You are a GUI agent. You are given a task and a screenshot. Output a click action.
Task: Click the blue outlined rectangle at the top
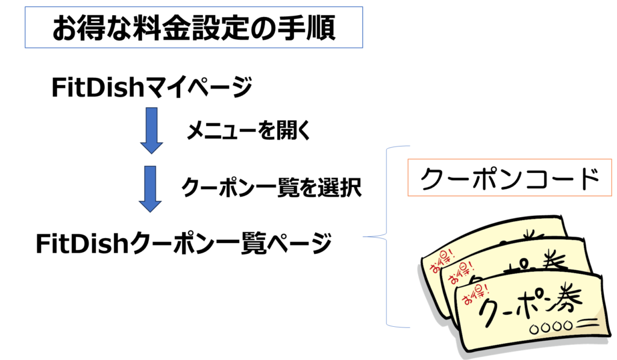193,27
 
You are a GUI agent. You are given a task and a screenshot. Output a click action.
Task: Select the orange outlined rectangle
510,177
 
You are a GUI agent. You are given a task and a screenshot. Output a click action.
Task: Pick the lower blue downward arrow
151,188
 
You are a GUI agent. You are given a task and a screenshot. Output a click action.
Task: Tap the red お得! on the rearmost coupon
439,257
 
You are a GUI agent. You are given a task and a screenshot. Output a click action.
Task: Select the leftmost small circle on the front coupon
533,329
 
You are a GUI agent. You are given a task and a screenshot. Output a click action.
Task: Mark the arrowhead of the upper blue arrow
151,146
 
